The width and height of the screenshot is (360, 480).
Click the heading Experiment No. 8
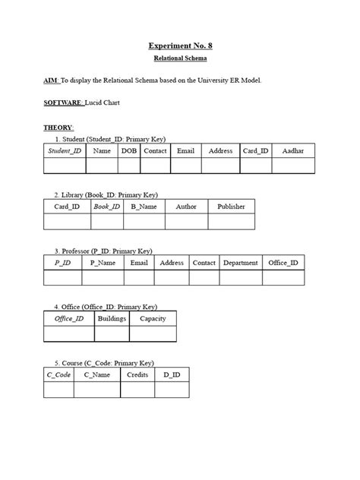pos(180,46)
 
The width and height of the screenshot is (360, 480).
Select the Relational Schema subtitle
pos(180,58)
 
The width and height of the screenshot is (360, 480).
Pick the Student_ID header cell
pos(65,151)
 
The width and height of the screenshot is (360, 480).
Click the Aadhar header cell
pos(292,151)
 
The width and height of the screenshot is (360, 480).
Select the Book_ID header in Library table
pos(106,207)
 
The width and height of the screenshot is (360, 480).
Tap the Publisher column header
pos(231,207)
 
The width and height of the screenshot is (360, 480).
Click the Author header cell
pos(186,207)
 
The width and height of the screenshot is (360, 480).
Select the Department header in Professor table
pos(241,263)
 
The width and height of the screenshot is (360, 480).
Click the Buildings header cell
pos(112,319)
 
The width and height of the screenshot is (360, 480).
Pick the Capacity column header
pos(153,319)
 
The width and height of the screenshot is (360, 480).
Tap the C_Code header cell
pos(58,375)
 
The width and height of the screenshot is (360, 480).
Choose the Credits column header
pos(137,375)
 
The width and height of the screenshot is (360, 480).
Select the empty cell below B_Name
pos(144,222)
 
